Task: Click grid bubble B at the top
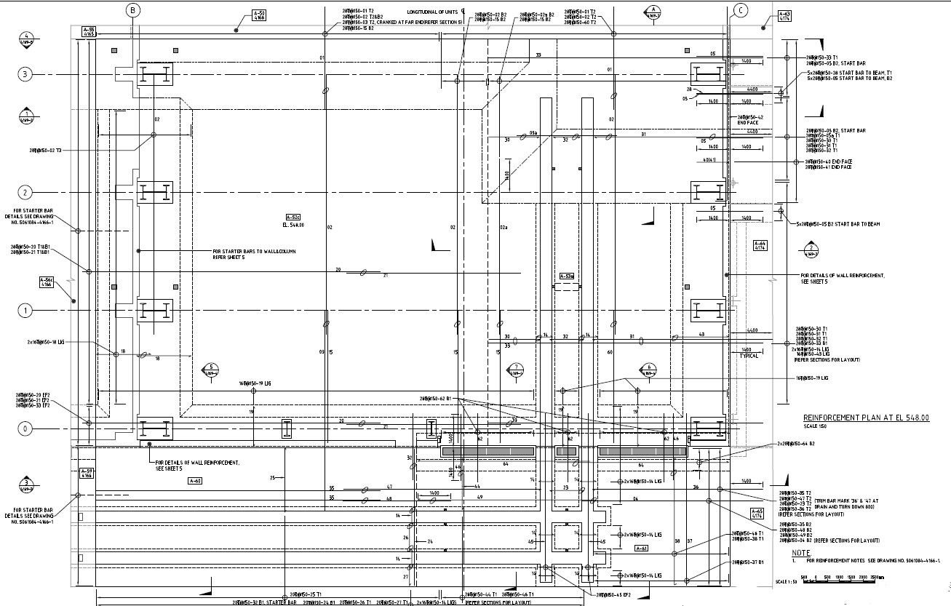click(x=133, y=10)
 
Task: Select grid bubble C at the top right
click(x=741, y=10)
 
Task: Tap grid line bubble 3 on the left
click(x=25, y=75)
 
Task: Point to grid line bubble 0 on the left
click(x=25, y=428)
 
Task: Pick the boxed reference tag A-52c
click(x=293, y=218)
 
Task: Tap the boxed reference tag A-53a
click(x=567, y=276)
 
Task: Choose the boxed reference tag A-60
click(x=195, y=481)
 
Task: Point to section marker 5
click(x=211, y=370)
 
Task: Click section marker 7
click(x=515, y=370)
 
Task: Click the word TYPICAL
click(x=749, y=356)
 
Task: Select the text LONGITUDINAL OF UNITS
click(x=433, y=12)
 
